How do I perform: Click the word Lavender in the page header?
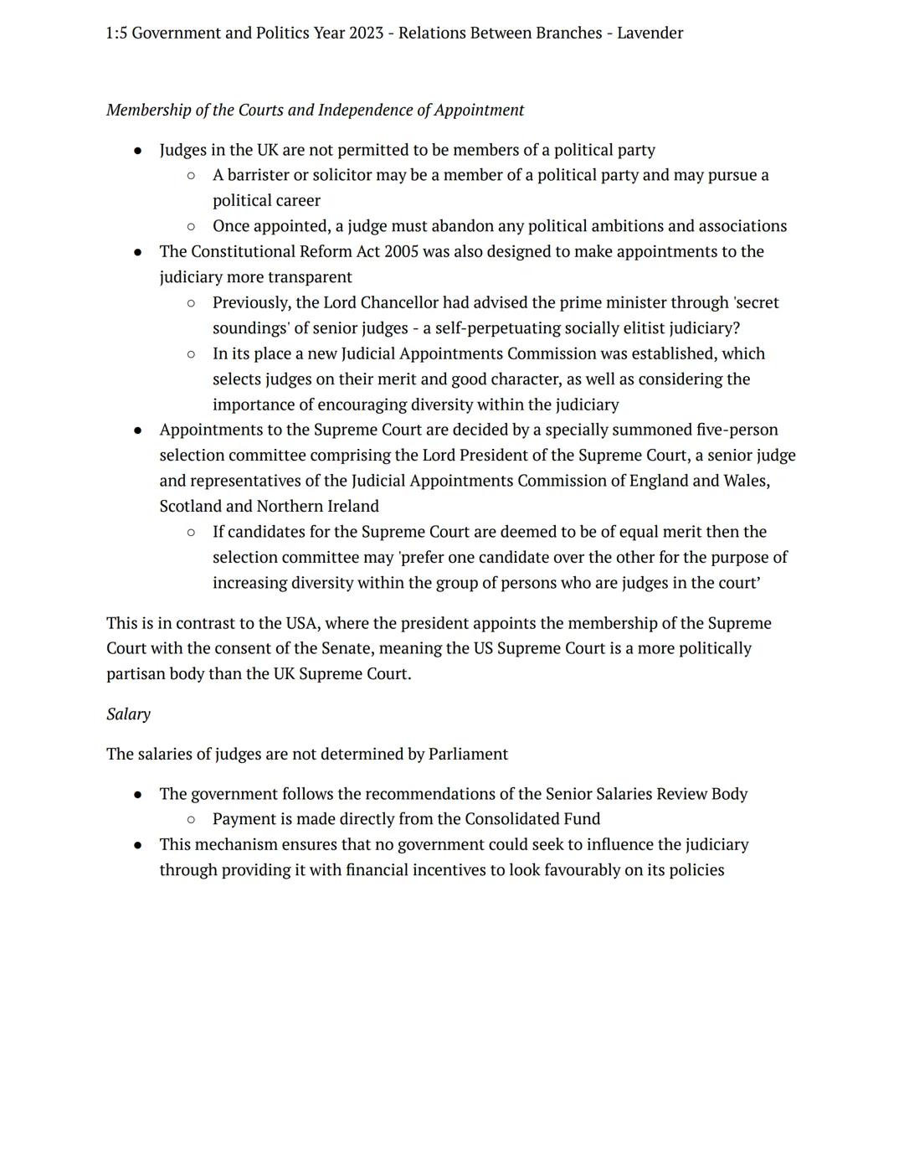pos(650,34)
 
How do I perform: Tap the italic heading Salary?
pos(128,714)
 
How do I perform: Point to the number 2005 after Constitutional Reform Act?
pos(400,252)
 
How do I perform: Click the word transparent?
pos(310,277)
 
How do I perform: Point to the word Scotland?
pos(191,507)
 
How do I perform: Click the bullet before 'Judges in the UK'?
pos(137,151)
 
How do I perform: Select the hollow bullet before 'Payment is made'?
pos(191,819)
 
